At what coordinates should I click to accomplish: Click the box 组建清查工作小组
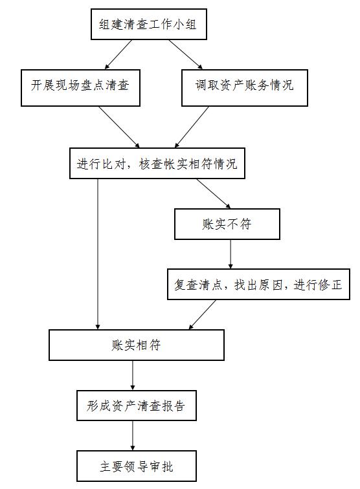tap(149, 25)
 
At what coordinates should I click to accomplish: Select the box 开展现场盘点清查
tap(80, 88)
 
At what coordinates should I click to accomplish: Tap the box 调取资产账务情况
tap(245, 88)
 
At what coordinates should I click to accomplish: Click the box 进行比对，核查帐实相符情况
tap(157, 164)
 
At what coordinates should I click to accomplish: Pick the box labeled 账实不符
tap(227, 224)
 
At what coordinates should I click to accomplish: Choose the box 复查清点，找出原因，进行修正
tap(258, 285)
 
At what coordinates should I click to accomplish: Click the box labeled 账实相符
tap(137, 345)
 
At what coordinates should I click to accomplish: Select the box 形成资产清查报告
tap(137, 406)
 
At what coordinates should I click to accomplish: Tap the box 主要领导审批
tap(137, 466)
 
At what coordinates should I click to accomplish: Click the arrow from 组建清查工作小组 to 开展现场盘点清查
tap(118, 54)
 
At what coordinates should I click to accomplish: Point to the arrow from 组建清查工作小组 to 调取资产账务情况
tap(186, 54)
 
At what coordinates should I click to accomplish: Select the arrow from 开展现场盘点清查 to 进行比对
tap(119, 127)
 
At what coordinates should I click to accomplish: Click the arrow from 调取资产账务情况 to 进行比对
tap(192, 127)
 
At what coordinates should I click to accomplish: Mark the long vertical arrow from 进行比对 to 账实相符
tap(98, 254)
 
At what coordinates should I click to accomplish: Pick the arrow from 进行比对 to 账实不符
tap(214, 193)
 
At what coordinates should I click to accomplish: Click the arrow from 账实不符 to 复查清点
tap(231, 254)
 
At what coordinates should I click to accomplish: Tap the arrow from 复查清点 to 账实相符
tap(202, 314)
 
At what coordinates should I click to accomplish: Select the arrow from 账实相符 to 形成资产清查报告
tap(133, 375)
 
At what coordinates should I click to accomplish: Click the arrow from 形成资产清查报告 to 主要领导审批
tap(133, 436)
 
